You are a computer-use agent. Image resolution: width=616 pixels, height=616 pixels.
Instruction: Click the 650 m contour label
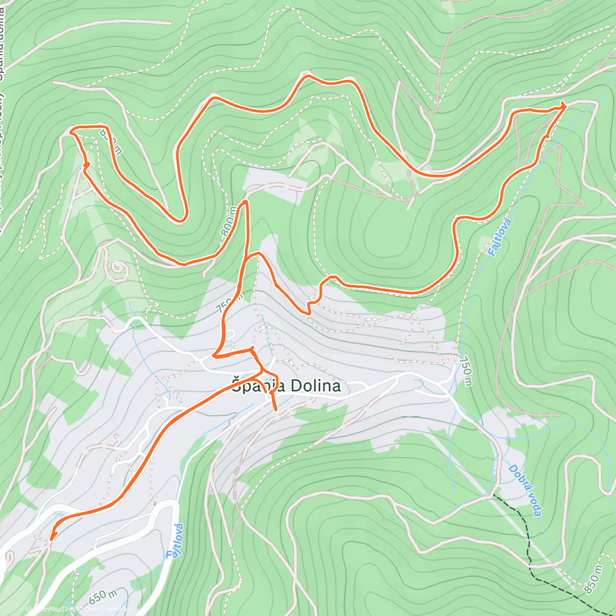[103, 596]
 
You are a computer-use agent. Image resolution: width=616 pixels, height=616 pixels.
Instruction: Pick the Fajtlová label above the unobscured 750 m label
[497, 238]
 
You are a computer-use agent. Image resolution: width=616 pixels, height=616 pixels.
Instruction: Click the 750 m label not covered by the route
[466, 371]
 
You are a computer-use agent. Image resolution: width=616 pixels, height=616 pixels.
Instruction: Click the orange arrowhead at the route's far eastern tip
[563, 106]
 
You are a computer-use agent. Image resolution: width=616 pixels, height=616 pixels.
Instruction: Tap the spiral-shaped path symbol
[118, 268]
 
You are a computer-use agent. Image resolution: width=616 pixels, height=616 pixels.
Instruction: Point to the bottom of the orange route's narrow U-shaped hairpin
[180, 221]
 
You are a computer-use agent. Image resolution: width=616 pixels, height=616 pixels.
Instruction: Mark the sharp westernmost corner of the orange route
[70, 131]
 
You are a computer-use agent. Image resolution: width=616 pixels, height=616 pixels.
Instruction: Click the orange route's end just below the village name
[276, 410]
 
